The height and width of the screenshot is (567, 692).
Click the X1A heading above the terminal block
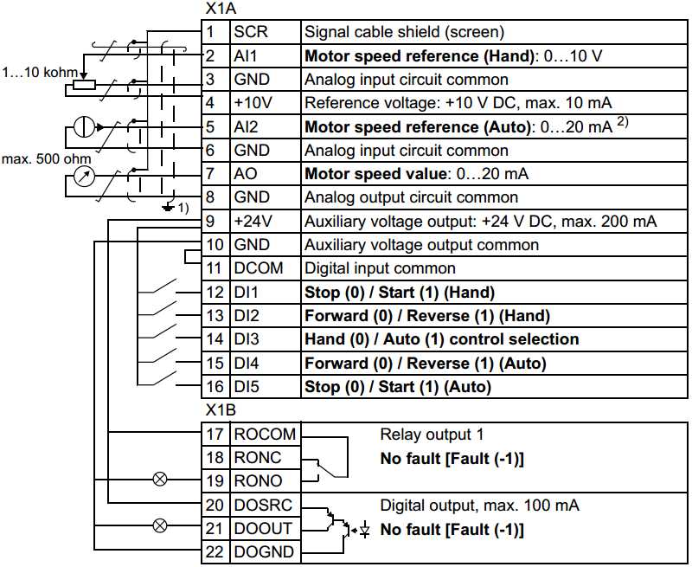221,9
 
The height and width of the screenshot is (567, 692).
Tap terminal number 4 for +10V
211,103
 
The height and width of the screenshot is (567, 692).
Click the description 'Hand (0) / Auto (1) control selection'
441,339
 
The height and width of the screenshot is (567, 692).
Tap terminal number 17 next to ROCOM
215,434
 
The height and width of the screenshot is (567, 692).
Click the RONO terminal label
253,480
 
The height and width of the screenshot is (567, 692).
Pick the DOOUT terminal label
257,528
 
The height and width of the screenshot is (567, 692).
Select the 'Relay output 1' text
421,434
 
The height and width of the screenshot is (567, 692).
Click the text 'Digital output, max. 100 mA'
480,505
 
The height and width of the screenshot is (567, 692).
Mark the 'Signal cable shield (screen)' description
403,33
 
